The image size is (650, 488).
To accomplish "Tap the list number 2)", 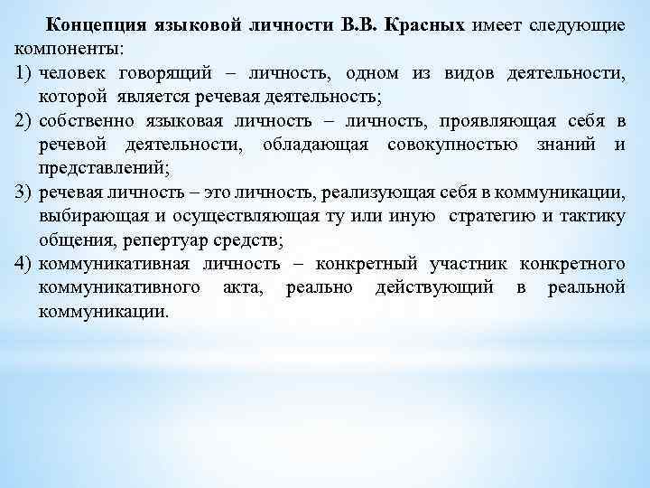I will pos(24,121).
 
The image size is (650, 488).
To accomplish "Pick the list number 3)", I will pos(24,192).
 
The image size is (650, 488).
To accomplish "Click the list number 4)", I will pos(24,264).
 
